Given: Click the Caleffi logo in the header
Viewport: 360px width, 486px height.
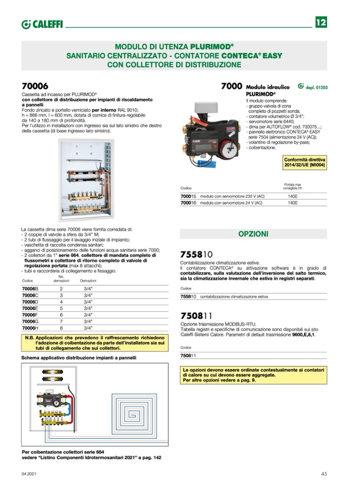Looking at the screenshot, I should pyautogui.click(x=42, y=24).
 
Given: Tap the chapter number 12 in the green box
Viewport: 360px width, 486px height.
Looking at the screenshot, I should pyautogui.click(x=321, y=23).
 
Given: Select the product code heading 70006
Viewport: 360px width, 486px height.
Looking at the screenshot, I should pyautogui.click(x=35, y=86).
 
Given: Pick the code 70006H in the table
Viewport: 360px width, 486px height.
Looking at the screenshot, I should pyautogui.click(x=30, y=328).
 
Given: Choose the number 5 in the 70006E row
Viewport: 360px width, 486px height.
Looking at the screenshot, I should pyautogui.click(x=61, y=308).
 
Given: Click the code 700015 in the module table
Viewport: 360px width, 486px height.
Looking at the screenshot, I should pyautogui.click(x=189, y=196).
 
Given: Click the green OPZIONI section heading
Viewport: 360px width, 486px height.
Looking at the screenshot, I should pyautogui.click(x=254, y=234).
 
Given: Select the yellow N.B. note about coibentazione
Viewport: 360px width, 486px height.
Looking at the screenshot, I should pyautogui.click(x=95, y=343).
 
